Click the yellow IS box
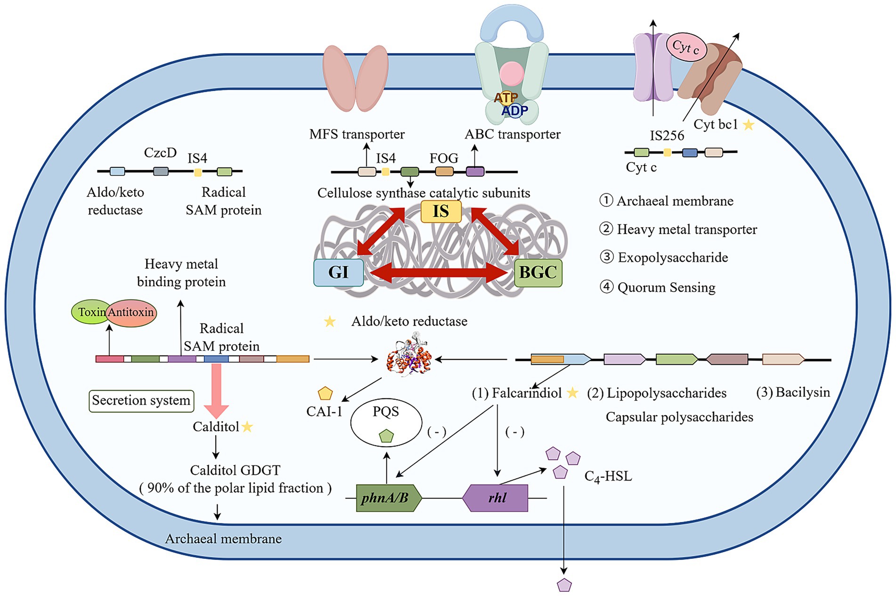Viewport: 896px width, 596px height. click(440, 211)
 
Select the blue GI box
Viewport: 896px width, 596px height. click(339, 272)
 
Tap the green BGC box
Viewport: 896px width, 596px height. click(538, 273)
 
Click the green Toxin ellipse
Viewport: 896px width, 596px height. click(91, 312)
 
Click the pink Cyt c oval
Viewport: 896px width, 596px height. click(686, 47)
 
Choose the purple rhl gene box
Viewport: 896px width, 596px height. click(495, 498)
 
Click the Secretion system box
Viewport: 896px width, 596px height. click(141, 401)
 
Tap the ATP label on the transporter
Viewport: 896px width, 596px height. click(506, 98)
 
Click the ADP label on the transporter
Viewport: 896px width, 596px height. click(514, 111)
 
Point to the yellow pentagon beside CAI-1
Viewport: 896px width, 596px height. click(325, 393)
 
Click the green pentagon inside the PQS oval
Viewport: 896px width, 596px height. click(386, 435)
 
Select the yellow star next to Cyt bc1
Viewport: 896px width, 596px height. click(749, 125)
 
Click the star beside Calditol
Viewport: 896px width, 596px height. click(247, 427)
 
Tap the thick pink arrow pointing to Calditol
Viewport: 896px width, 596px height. click(216, 391)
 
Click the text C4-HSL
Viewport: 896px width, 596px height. click(608, 476)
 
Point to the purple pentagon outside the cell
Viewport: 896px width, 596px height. click(564, 585)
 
